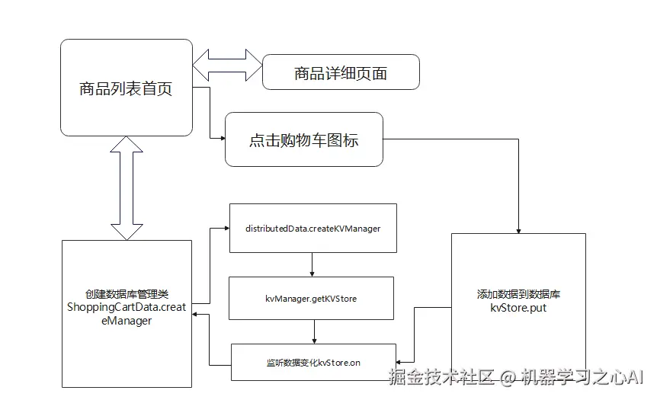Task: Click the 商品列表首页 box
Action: [x=127, y=88]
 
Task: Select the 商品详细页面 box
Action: [x=341, y=73]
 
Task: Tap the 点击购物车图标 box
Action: [x=303, y=140]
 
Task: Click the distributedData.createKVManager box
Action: [x=312, y=228]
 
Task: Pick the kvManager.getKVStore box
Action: [x=311, y=298]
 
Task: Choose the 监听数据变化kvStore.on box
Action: [x=313, y=362]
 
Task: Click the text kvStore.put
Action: [x=518, y=309]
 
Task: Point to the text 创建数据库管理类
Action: [x=127, y=294]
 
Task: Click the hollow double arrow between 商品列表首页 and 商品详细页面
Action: [x=227, y=65]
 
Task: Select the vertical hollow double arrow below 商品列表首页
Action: [x=127, y=188]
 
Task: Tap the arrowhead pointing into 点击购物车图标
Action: [x=223, y=139]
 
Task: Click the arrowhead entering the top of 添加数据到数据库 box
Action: [x=518, y=229]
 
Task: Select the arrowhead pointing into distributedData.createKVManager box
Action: [x=225, y=228]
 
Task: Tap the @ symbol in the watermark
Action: [x=508, y=377]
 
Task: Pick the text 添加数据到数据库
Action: [x=518, y=294]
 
